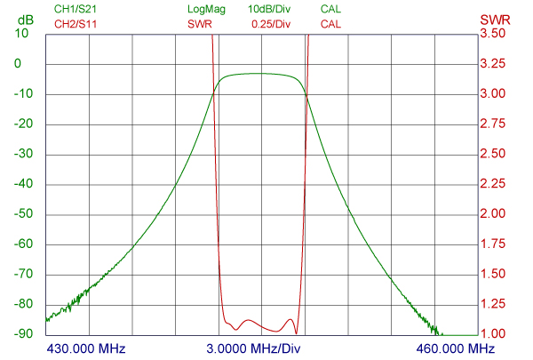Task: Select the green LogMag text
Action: click(206, 10)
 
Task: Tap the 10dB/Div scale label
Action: click(269, 10)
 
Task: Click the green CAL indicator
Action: click(330, 10)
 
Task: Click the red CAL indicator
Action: click(330, 24)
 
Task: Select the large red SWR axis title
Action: click(494, 19)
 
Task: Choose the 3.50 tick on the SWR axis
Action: click(493, 34)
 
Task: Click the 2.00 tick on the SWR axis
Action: click(493, 214)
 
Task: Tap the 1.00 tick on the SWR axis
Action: click(493, 334)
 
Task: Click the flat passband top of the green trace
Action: click(261, 74)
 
